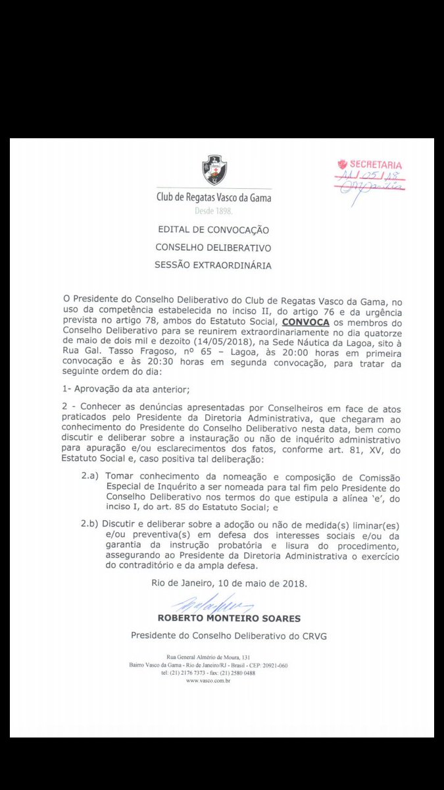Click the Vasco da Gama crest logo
click(214, 170)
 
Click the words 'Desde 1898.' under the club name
click(213, 212)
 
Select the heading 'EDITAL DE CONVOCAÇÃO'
click(213, 230)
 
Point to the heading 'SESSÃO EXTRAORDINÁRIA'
click(213, 265)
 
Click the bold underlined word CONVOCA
click(305, 323)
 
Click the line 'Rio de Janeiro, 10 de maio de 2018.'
click(229, 583)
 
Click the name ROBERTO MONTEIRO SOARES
click(229, 618)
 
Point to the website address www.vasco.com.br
click(208, 681)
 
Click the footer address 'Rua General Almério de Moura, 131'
click(208, 658)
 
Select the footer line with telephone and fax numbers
click(208, 673)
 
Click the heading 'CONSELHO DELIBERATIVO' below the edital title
click(213, 248)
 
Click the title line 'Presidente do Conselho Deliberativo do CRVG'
click(229, 635)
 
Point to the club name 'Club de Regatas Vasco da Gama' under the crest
click(213, 197)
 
